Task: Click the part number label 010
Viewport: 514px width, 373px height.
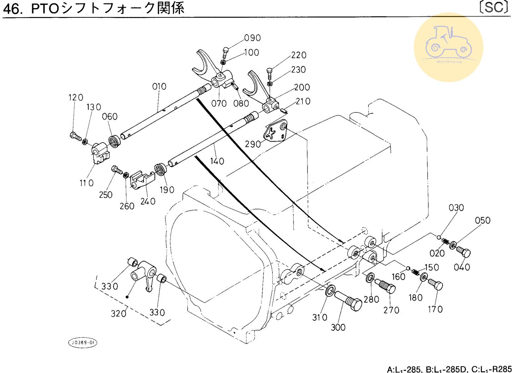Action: tap(159, 87)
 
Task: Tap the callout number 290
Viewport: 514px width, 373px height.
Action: tap(253, 144)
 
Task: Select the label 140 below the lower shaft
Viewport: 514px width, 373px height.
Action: tap(217, 161)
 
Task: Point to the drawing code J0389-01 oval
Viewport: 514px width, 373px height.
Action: tap(82, 343)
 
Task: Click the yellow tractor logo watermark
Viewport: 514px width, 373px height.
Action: tap(448, 47)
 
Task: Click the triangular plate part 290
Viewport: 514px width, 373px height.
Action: tap(276, 132)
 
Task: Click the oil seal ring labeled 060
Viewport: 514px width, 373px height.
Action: tap(115, 141)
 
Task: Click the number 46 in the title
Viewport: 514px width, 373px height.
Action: tap(13, 8)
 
